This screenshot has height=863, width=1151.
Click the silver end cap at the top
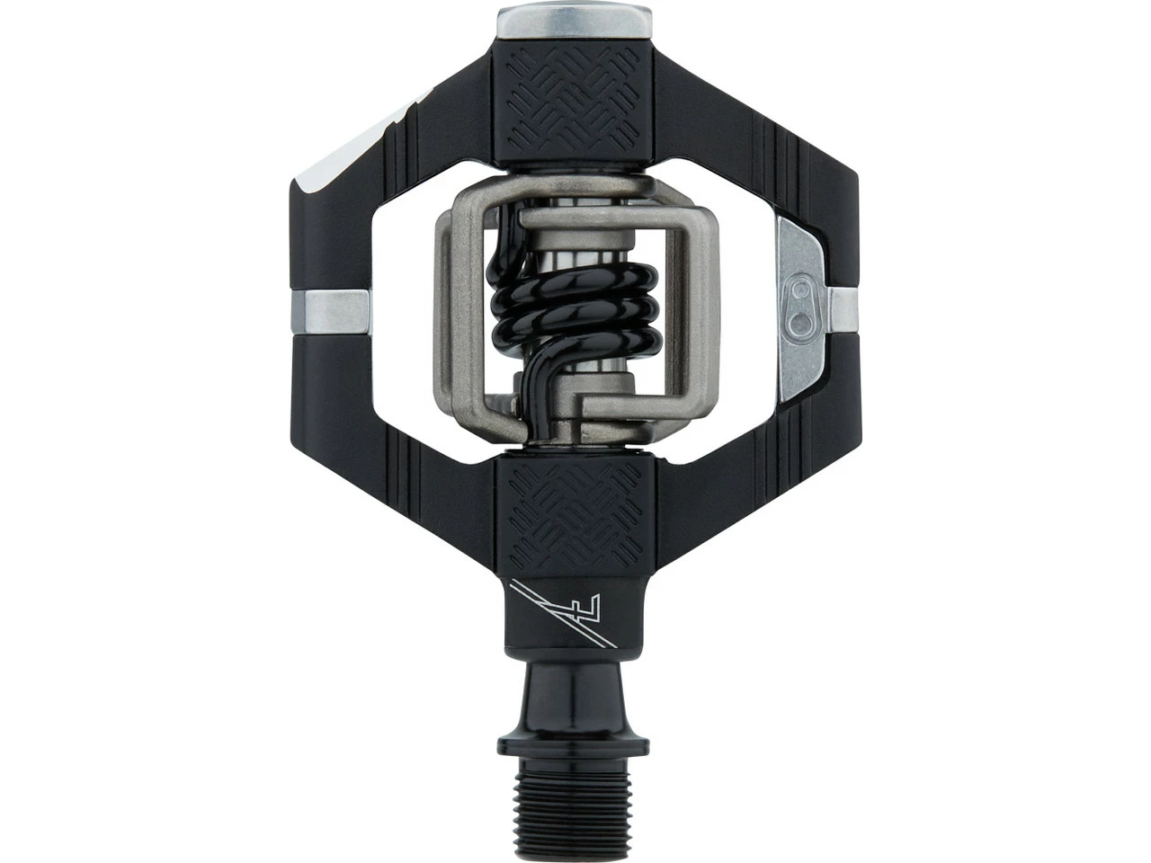click(574, 23)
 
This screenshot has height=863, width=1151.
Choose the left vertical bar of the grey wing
click(450, 306)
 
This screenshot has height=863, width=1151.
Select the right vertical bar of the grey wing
click(697, 306)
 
